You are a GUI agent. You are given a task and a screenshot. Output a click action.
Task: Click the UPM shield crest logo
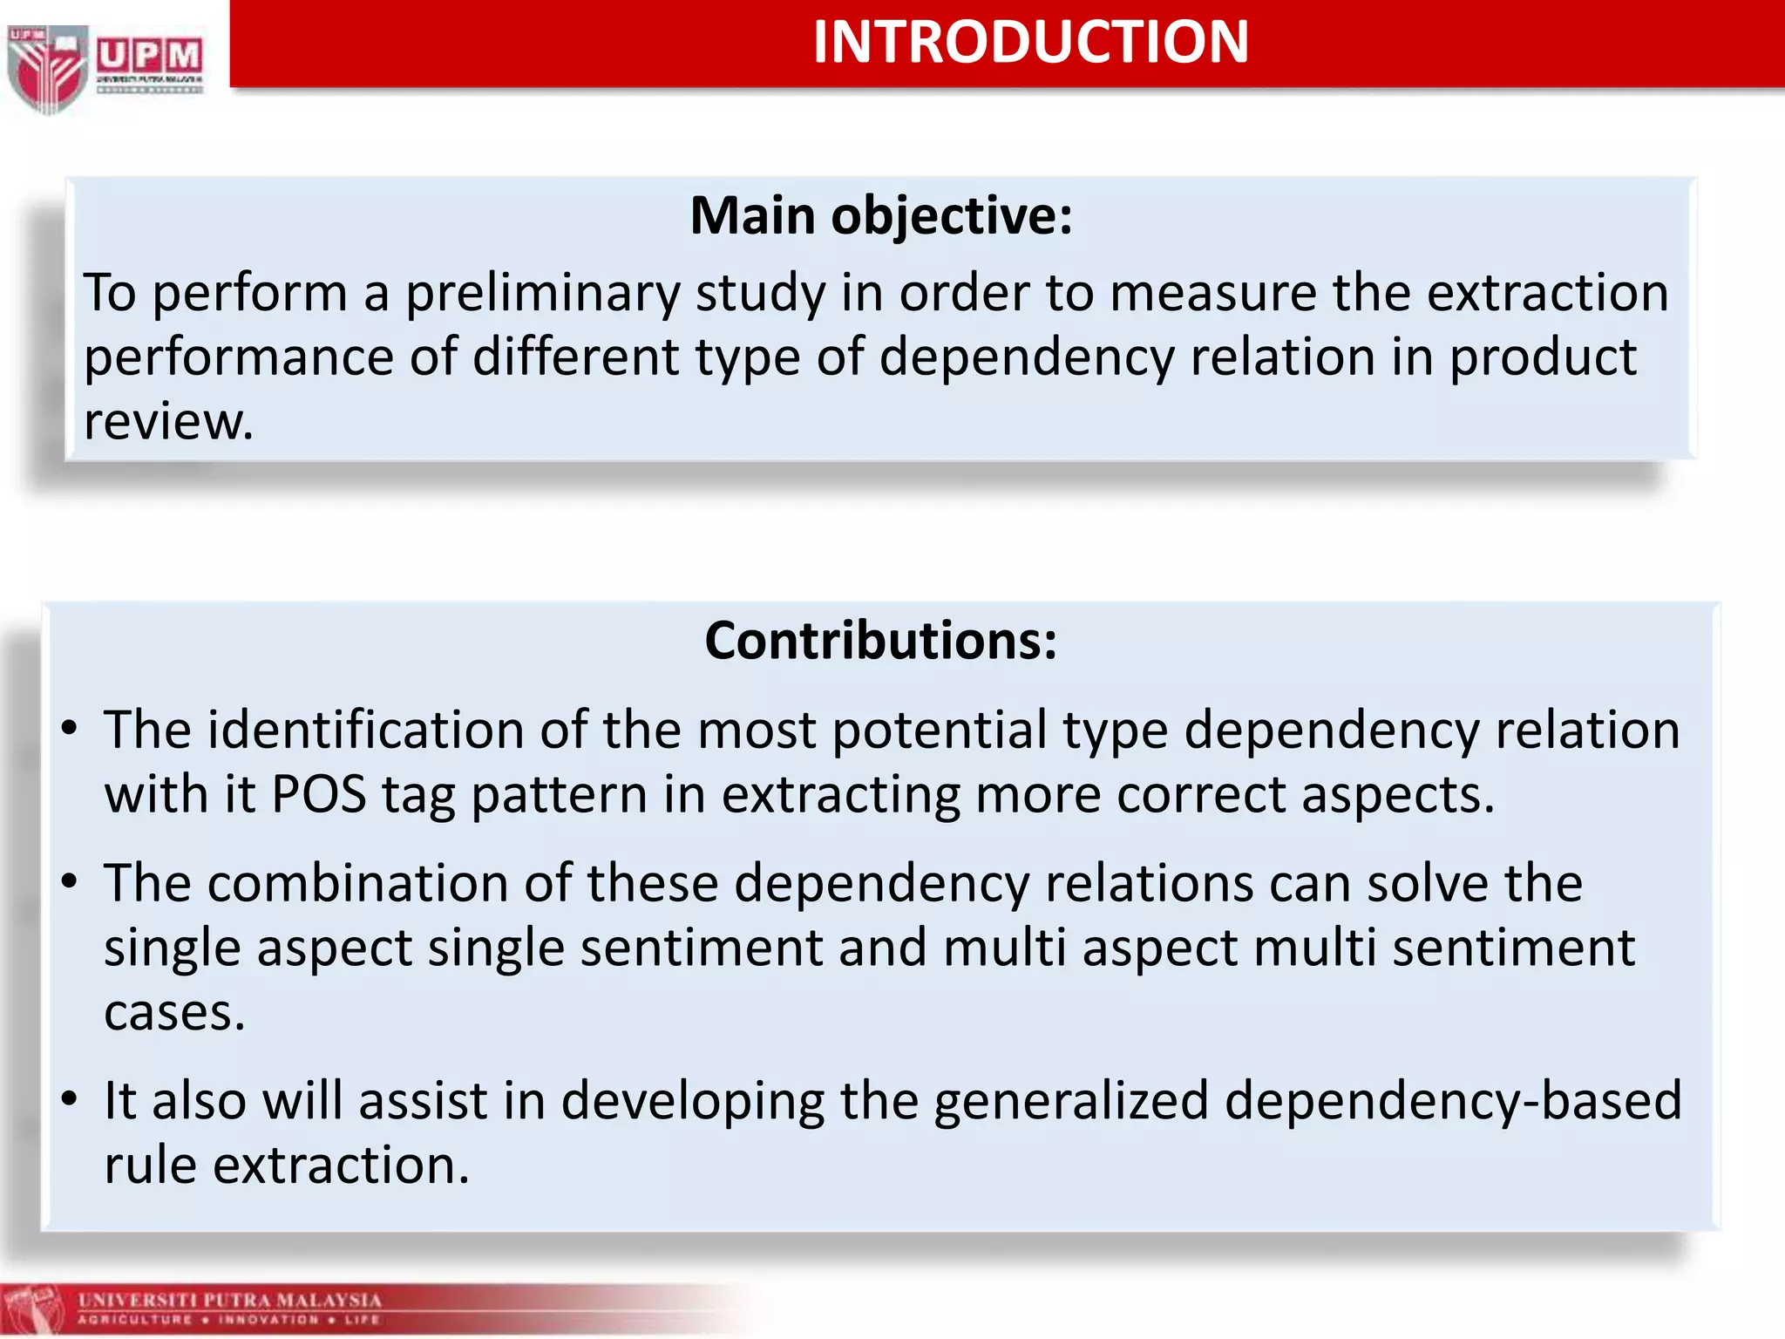coord(48,68)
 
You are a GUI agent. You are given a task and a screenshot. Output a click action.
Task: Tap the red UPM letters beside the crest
coord(149,57)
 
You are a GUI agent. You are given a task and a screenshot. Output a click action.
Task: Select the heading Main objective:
coord(880,216)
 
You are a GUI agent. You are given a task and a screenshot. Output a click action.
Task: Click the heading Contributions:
coord(880,641)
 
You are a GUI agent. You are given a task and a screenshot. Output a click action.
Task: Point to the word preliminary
coord(542,293)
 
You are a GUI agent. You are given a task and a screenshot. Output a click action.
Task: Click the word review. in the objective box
coord(168,422)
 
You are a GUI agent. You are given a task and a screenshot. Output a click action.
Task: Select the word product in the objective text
coord(1543,357)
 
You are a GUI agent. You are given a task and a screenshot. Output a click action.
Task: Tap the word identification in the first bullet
coord(365,730)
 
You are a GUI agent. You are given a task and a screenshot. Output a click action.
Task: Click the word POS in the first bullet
coord(318,794)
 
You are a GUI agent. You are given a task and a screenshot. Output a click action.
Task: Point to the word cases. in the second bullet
coord(174,1013)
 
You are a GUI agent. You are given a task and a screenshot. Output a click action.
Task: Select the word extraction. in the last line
coord(341,1166)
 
